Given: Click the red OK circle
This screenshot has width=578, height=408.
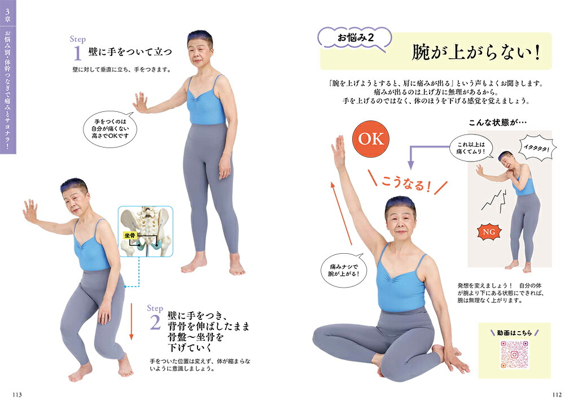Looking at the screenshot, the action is click(x=370, y=139).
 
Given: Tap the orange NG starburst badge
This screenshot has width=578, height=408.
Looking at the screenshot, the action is click(x=489, y=232).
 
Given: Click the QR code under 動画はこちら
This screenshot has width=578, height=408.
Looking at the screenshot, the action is click(x=514, y=354).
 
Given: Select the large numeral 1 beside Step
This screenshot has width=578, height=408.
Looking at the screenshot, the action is click(x=77, y=53).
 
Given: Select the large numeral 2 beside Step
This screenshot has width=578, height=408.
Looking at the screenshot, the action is click(x=155, y=323).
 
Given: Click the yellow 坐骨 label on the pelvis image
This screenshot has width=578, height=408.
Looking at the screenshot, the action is click(x=130, y=235).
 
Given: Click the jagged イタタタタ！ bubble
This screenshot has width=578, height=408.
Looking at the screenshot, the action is click(x=537, y=148).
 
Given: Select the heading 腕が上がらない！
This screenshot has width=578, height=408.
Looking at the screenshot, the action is click(x=476, y=53).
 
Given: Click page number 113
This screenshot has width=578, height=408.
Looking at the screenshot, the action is click(x=17, y=394).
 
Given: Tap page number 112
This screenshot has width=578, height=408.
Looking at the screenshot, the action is click(x=557, y=394).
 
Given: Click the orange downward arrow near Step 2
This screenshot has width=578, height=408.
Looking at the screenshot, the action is click(x=131, y=321).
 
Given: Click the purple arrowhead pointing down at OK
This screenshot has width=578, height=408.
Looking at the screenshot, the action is click(x=411, y=165).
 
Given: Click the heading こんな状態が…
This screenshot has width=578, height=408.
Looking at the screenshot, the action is click(x=498, y=123).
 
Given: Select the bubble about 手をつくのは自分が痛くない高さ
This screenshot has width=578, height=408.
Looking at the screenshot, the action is click(x=110, y=129).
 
